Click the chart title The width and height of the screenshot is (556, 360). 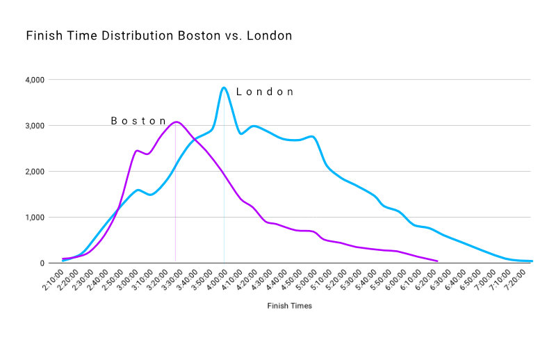[x=158, y=35]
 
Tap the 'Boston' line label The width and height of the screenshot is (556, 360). [x=139, y=121]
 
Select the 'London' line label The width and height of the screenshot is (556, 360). [x=265, y=92]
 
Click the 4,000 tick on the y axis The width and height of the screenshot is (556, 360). [x=33, y=80]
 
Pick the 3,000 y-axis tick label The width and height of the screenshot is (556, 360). [x=33, y=126]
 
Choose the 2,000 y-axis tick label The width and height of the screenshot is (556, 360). [x=33, y=172]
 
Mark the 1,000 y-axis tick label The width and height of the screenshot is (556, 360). [x=33, y=218]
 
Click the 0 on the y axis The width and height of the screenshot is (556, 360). [x=42, y=263]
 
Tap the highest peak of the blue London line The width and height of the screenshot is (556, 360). [x=224, y=88]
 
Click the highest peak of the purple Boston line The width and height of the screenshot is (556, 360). [x=176, y=122]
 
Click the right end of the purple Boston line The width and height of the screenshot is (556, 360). [x=436, y=261]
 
